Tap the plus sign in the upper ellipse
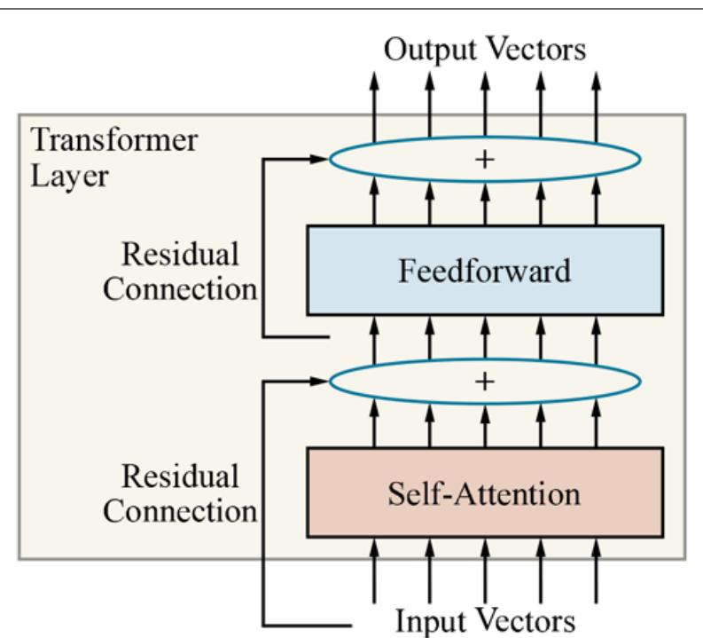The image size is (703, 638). [485, 159]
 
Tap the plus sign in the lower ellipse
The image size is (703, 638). [485, 381]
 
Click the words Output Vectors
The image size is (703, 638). [484, 50]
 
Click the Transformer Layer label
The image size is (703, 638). [114, 156]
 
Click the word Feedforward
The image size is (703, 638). [484, 271]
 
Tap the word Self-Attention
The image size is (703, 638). [484, 492]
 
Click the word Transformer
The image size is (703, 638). [114, 140]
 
